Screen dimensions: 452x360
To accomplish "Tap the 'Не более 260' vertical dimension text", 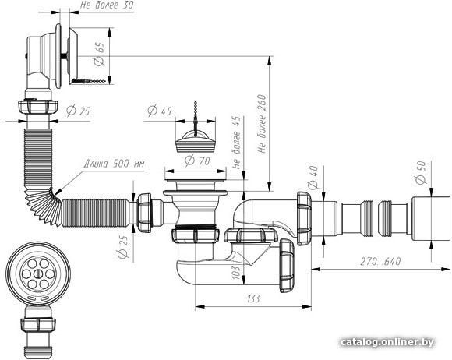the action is tap(262, 124).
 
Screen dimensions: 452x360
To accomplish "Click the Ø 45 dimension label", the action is tap(160, 111).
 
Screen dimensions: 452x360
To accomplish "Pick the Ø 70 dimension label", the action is tap(197, 161).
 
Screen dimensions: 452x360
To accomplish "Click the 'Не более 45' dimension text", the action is tap(236, 143).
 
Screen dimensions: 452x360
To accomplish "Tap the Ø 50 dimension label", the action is tap(421, 172).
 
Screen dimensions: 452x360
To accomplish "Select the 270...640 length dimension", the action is tap(380, 261).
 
